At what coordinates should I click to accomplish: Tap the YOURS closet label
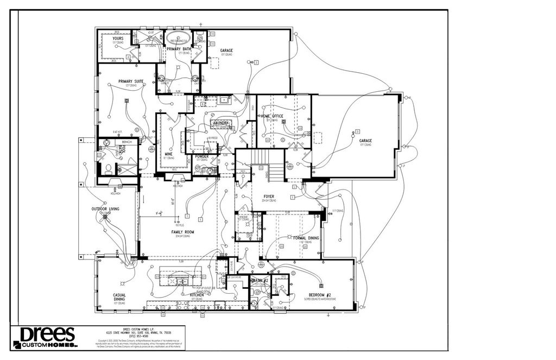(x=118, y=39)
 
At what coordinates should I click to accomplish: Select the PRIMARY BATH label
(x=178, y=49)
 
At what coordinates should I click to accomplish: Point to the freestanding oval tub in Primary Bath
(x=179, y=40)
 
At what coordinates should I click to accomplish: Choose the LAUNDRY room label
(x=221, y=123)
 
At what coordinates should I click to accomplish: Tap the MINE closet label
(x=168, y=154)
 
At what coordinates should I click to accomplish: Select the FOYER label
(x=269, y=196)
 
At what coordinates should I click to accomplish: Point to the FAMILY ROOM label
(x=182, y=232)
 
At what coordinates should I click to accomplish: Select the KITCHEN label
(x=197, y=295)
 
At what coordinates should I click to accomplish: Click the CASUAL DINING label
(x=119, y=297)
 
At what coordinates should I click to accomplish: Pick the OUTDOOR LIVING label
(x=105, y=209)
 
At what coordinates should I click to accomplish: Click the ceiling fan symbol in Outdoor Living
(x=105, y=220)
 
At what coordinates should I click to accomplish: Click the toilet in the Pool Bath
(x=109, y=168)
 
